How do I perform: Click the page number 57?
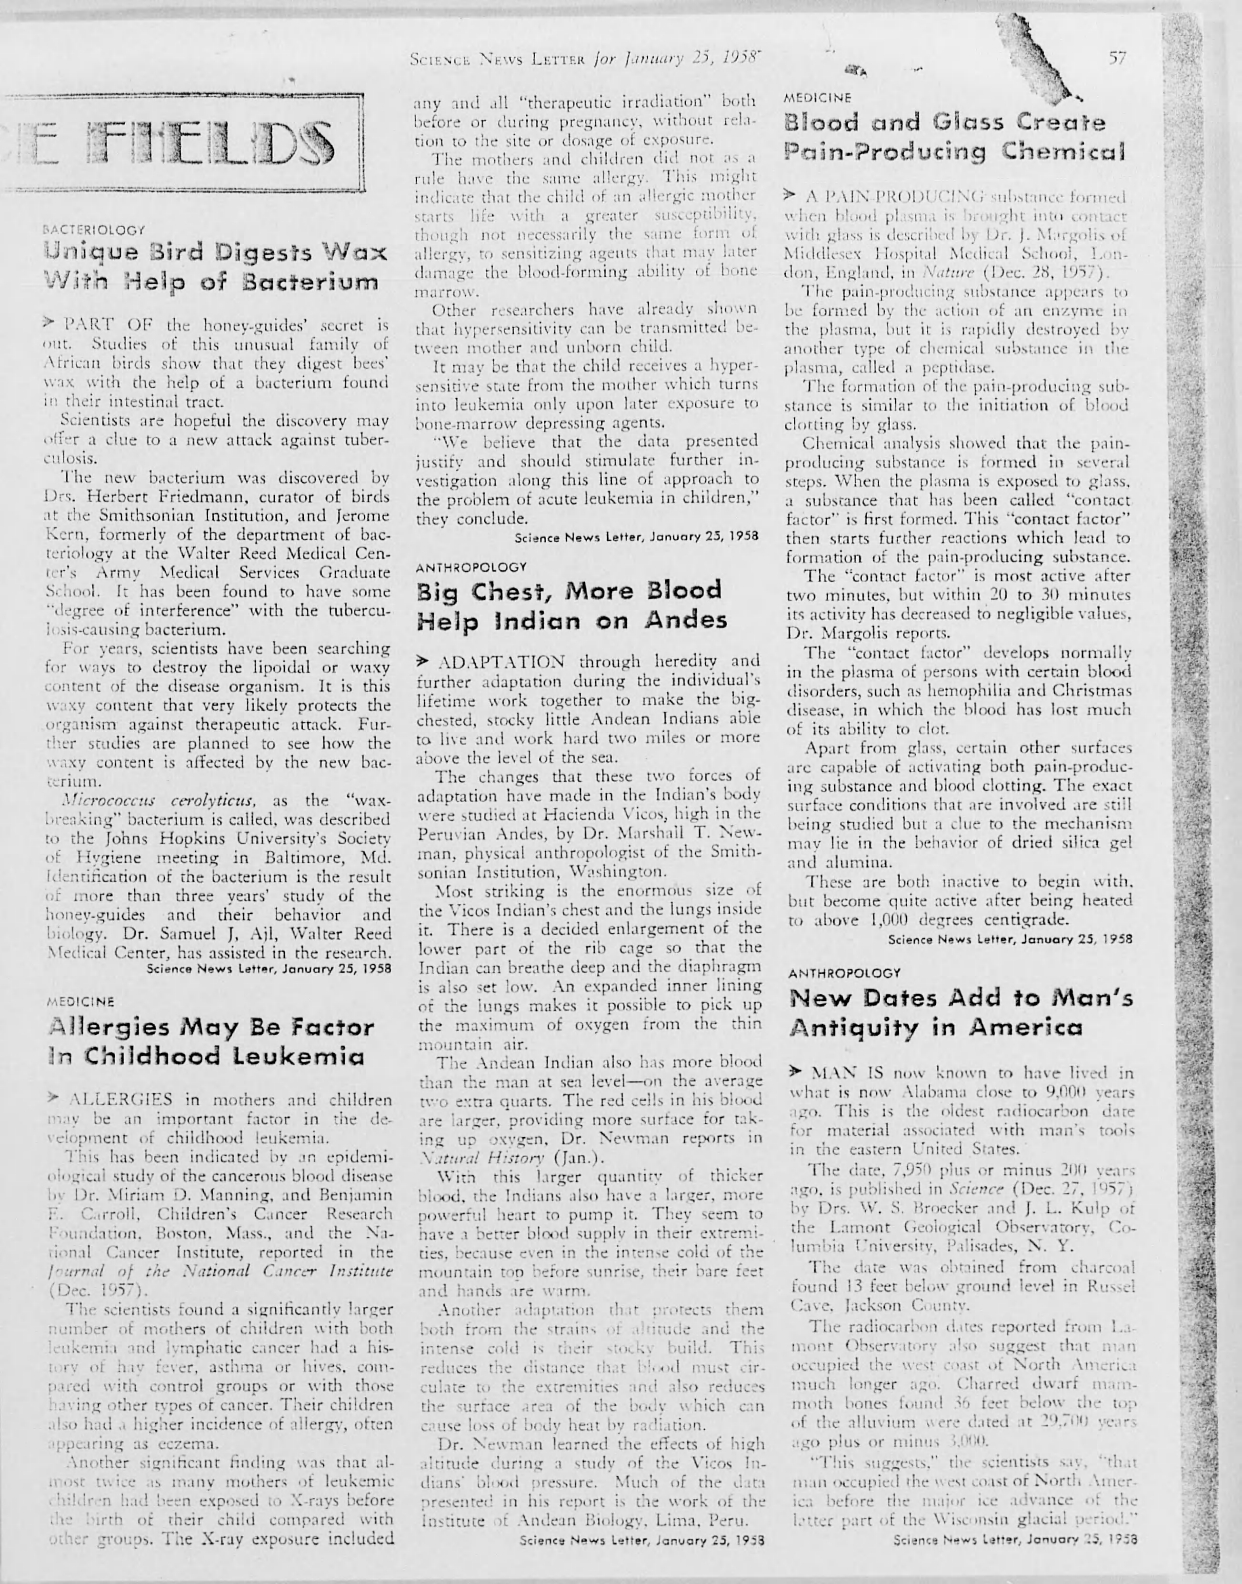(1118, 59)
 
